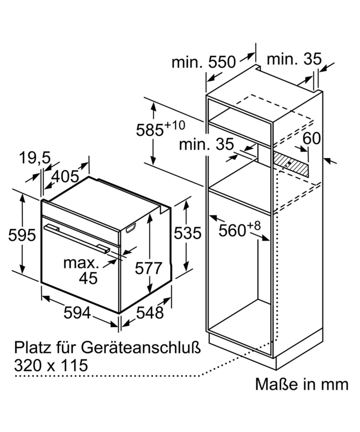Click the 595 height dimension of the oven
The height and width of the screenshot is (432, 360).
pyautogui.click(x=22, y=235)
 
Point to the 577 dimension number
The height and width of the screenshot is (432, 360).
pyautogui.click(x=148, y=268)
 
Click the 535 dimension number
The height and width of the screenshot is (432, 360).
pyautogui.click(x=188, y=233)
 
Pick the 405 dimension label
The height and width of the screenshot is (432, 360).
pyautogui.click(x=65, y=177)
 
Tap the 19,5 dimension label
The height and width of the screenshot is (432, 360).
pyautogui.click(x=35, y=158)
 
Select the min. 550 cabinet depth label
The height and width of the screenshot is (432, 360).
pyautogui.click(x=204, y=62)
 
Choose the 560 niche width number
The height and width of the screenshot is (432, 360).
pyautogui.click(x=232, y=231)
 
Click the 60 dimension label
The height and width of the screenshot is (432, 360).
pyautogui.click(x=312, y=139)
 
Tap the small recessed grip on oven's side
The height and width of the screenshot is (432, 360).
pyautogui.click(x=131, y=228)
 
